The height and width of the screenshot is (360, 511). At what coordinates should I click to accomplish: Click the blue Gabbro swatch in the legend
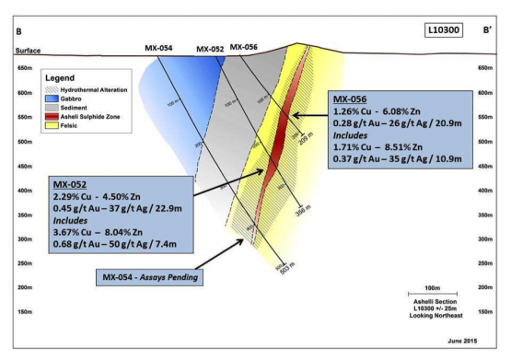point(51,97)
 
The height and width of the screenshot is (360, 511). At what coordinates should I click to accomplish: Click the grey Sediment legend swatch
point(51,106)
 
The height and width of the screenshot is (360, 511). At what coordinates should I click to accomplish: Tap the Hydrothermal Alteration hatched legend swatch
point(51,87)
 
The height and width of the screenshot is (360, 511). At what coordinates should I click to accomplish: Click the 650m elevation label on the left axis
point(25,68)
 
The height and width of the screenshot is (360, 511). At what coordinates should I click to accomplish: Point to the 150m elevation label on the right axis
point(486,311)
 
